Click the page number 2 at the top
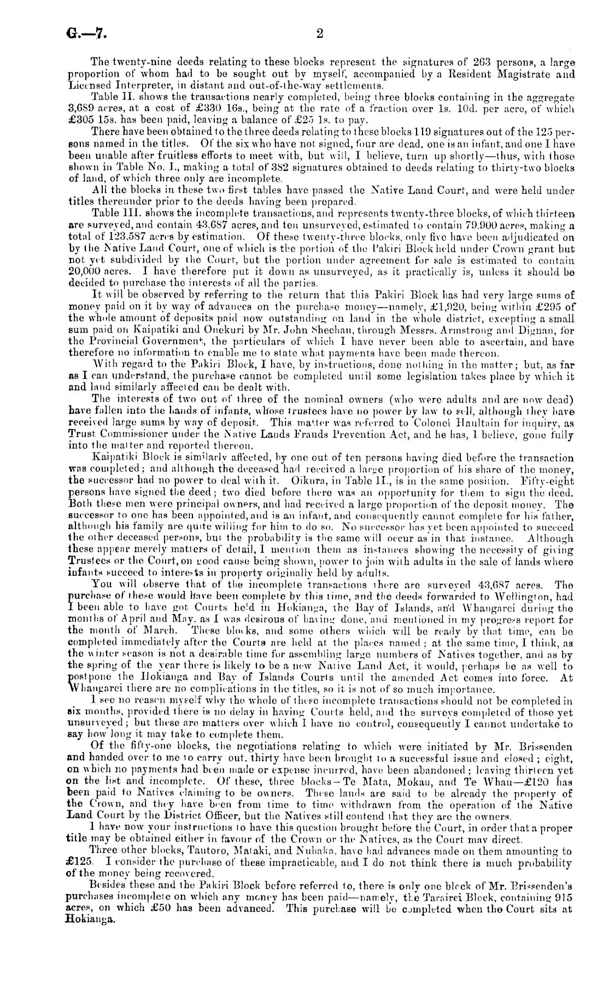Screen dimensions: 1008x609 pos(320,34)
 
